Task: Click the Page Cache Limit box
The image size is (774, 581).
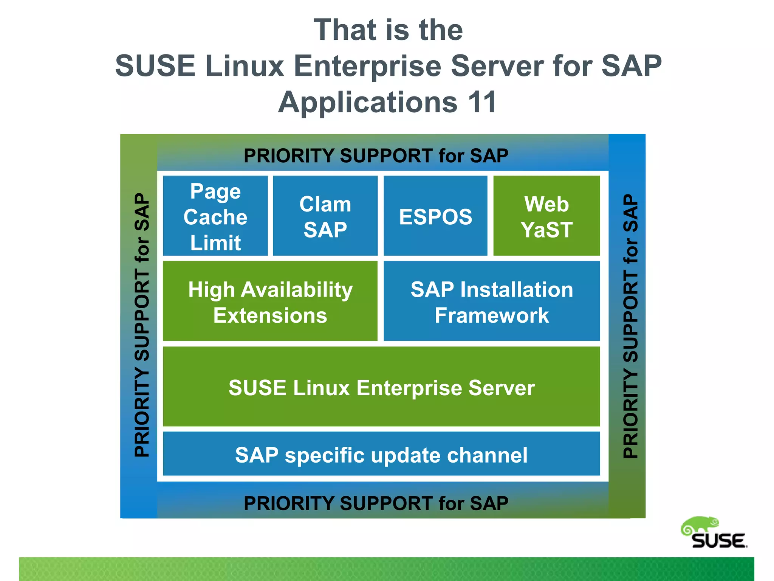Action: tap(215, 216)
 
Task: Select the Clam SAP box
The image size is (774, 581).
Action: tap(325, 216)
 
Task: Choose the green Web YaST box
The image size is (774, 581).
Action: tap(546, 216)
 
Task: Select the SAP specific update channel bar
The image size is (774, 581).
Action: tap(381, 454)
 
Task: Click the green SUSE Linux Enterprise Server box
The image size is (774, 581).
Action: tap(381, 387)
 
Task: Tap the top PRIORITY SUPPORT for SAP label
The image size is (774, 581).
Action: tap(376, 155)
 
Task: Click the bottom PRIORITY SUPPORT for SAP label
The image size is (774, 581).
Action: tap(376, 503)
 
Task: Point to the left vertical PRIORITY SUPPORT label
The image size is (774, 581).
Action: tap(142, 325)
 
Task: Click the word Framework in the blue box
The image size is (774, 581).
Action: tap(492, 315)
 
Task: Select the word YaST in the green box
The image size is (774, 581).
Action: tap(546, 230)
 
